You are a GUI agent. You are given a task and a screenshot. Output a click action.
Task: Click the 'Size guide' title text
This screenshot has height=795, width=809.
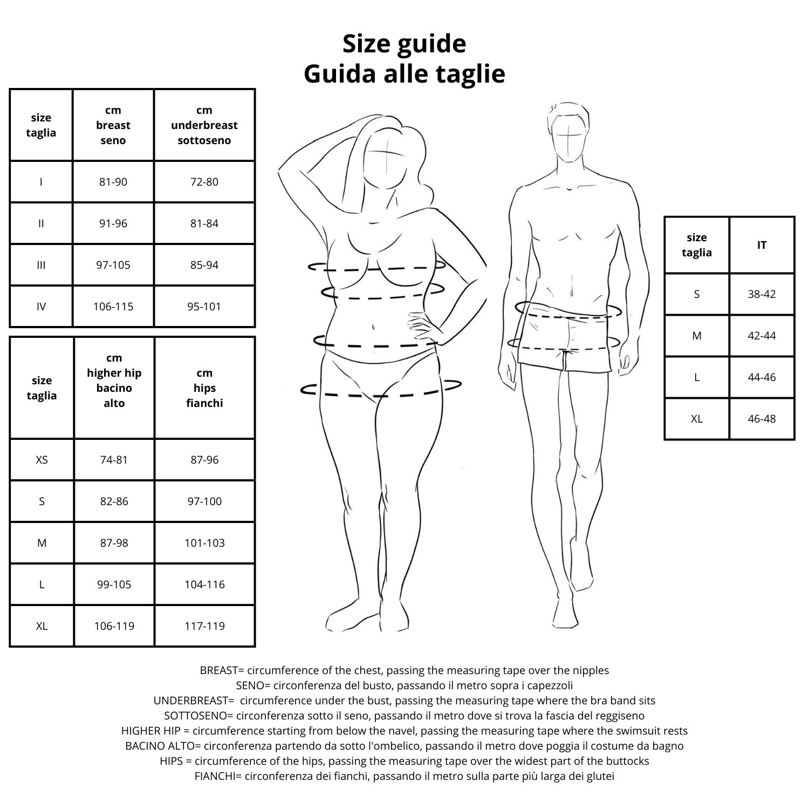coord(404,44)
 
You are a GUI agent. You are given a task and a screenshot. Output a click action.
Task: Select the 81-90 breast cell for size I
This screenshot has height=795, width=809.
coord(113,182)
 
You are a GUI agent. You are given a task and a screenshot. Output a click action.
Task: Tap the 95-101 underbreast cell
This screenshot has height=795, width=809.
coord(204,307)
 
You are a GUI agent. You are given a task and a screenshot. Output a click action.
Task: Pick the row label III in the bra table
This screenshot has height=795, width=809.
coord(41,265)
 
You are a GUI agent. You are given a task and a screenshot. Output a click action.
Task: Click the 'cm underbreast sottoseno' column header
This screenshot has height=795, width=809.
coord(204,125)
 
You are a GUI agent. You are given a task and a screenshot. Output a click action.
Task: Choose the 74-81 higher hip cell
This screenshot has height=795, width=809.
coord(114,460)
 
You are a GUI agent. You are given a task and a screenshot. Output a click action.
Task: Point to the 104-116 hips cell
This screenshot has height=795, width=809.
coord(204,585)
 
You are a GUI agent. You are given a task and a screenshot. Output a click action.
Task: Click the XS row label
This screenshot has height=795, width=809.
coord(42,460)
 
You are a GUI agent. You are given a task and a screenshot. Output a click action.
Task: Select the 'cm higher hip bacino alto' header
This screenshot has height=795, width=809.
coord(114,380)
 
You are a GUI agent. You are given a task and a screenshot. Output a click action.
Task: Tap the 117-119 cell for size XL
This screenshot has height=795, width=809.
coord(204,626)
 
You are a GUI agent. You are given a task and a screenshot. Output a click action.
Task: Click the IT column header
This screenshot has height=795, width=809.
coord(762,245)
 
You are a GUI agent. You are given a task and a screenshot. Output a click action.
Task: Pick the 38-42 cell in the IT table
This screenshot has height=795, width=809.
coord(762,294)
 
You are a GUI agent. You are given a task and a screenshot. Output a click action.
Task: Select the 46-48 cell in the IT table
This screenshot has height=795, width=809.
coord(762,419)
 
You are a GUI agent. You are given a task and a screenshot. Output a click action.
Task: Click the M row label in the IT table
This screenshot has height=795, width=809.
coord(697,336)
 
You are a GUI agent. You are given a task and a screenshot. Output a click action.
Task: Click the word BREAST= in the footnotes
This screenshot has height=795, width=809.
coord(222,670)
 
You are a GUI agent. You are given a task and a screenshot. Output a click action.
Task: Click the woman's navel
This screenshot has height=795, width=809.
coord(373,327)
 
